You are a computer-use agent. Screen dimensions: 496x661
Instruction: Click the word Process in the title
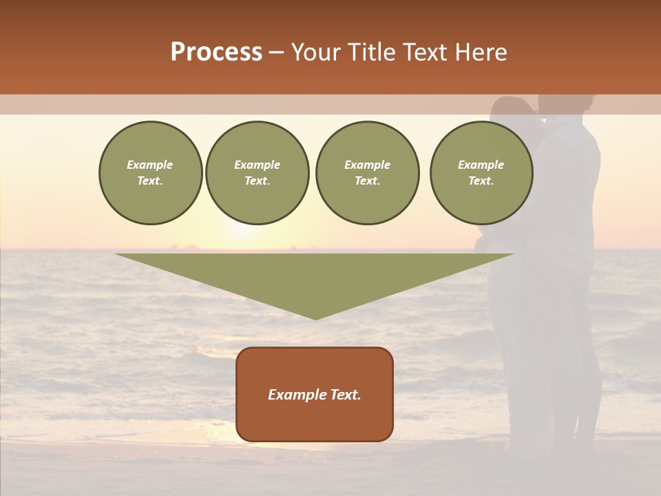point(216,52)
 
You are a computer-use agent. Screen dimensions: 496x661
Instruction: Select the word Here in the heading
point(480,52)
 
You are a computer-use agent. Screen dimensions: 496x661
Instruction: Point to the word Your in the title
point(317,52)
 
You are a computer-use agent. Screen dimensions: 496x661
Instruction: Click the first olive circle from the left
point(151,173)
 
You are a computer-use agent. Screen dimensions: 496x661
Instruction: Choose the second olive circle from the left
point(258,173)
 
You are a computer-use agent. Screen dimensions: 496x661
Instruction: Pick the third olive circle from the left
point(368,173)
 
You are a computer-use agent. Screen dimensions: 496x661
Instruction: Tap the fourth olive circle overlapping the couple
point(481,173)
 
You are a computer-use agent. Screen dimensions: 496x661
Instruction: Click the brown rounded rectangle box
point(315,394)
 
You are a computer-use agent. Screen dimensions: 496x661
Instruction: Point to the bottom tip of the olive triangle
point(315,318)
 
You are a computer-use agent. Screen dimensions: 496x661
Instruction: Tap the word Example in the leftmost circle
point(150,165)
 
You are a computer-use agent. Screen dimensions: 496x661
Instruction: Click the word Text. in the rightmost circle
point(481,181)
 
